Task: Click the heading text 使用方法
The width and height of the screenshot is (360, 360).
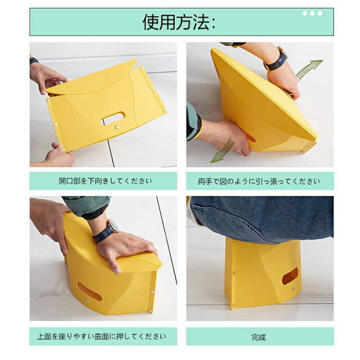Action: (175, 22)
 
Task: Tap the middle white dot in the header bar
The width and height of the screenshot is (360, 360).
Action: (312, 13)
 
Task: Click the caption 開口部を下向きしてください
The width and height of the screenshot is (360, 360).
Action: (105, 181)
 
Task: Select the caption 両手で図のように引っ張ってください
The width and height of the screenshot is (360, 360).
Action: (259, 181)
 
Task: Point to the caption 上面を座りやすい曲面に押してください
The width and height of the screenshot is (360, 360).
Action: (102, 337)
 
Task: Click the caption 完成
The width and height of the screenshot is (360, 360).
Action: (258, 337)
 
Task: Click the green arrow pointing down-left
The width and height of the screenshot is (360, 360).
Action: (222, 151)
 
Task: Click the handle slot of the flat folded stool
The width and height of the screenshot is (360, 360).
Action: (113, 118)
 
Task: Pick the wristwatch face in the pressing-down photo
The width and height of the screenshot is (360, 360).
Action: (112, 225)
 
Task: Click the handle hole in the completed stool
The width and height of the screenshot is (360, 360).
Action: (290, 276)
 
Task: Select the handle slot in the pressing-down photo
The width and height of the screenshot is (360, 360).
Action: (89, 291)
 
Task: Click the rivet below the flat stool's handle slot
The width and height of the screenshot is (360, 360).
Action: (117, 127)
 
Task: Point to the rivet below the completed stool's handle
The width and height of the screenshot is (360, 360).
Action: (293, 288)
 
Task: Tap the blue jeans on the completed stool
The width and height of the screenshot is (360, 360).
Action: (262, 218)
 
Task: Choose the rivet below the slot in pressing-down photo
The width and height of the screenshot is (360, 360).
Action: (86, 300)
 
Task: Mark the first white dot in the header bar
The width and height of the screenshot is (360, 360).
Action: (305, 13)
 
